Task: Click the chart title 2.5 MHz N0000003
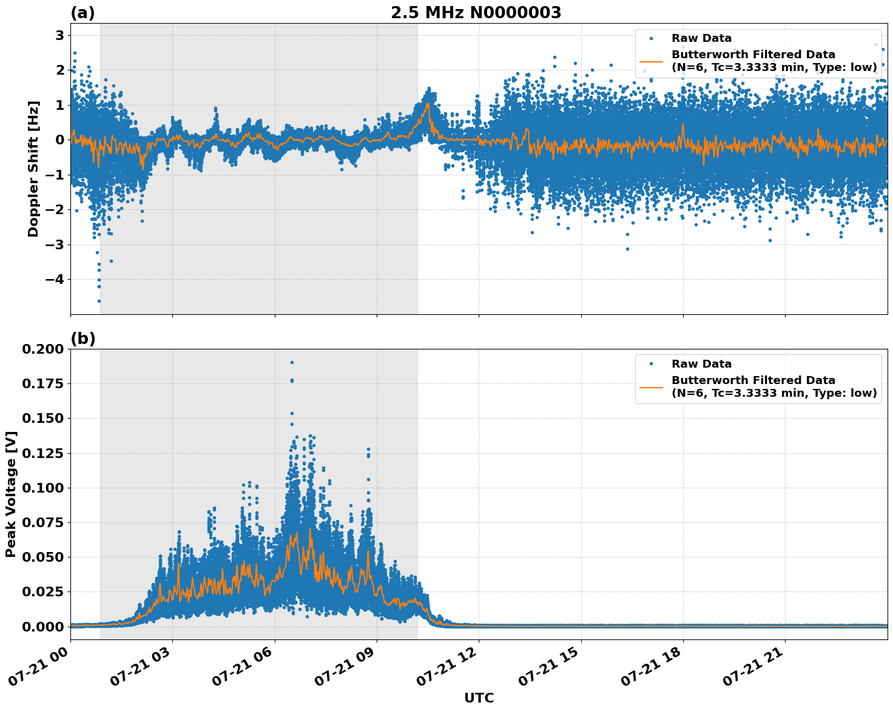[476, 13]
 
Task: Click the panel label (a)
[83, 13]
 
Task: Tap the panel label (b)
[83, 339]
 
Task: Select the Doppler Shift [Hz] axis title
[33, 169]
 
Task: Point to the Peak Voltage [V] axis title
[10, 494]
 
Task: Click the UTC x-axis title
[479, 698]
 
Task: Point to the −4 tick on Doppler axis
[54, 280]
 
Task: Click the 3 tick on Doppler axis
[59, 35]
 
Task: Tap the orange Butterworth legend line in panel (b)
[652, 386]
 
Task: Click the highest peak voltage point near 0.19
[292, 362]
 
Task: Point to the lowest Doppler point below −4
[99, 301]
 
